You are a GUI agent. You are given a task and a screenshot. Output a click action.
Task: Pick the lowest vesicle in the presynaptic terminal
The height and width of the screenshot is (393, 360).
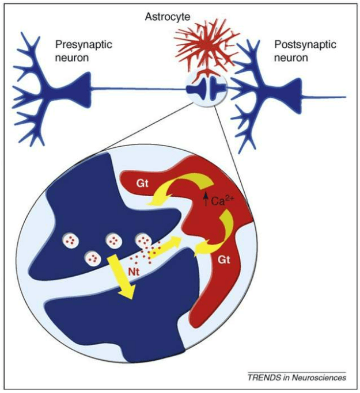(92, 257)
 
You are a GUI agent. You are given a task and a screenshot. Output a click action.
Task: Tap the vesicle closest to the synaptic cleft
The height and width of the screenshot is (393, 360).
(143, 241)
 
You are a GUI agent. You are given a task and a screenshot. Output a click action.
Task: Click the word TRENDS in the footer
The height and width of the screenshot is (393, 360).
(263, 378)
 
